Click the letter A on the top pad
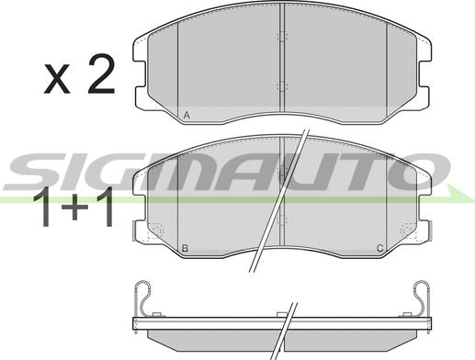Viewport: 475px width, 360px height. click(187, 116)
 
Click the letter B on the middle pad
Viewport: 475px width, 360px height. click(185, 248)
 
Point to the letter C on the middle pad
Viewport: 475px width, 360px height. click(379, 248)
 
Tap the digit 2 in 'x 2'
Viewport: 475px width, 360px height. click(101, 73)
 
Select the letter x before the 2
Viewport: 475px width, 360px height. click(57, 78)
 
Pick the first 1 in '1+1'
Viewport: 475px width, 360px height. click(43, 207)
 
